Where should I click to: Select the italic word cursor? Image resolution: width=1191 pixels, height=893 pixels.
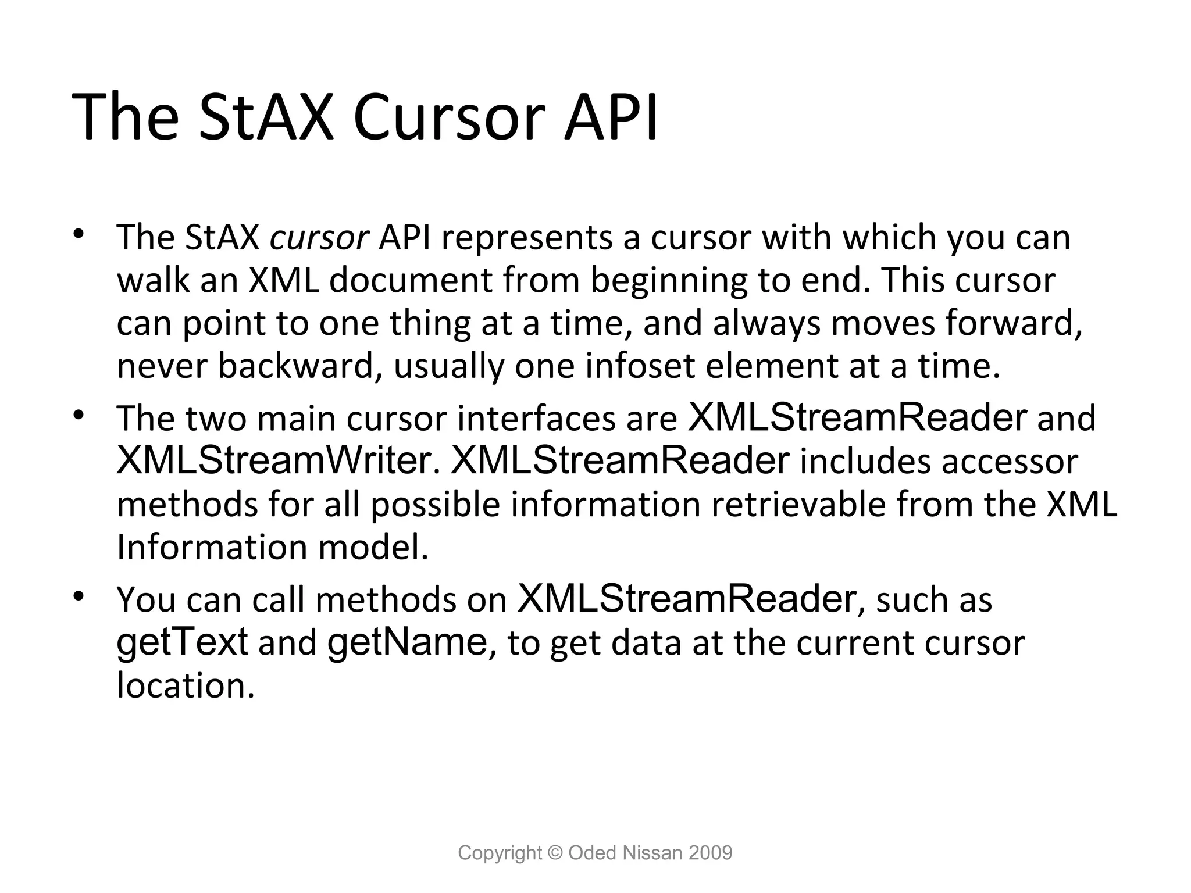(319, 238)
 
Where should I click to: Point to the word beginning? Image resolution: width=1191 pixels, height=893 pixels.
(669, 281)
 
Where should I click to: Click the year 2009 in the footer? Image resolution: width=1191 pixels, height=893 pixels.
(710, 853)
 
